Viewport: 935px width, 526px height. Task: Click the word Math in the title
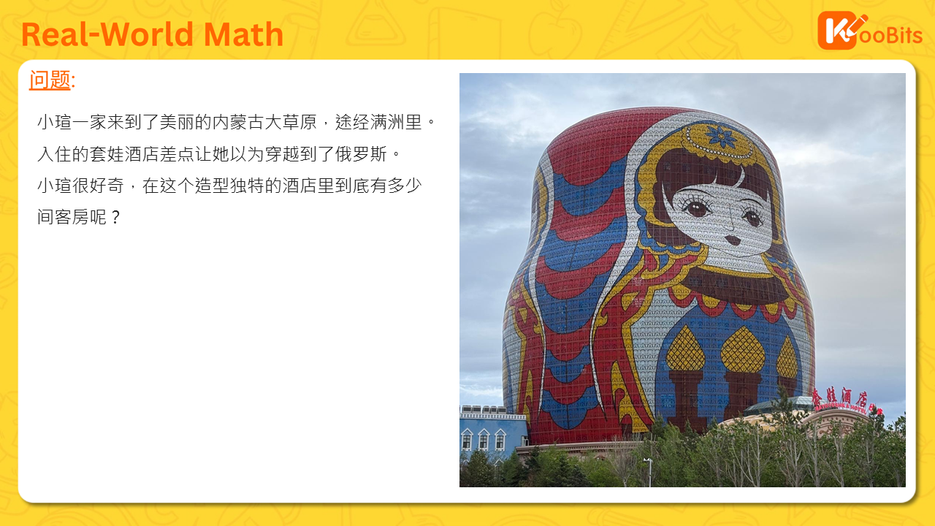[x=243, y=34]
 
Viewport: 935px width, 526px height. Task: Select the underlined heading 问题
[x=50, y=80]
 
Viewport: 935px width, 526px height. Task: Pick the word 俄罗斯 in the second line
[x=361, y=154]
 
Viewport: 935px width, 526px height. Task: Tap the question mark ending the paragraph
[x=116, y=217]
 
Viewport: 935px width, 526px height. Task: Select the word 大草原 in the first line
[x=291, y=122]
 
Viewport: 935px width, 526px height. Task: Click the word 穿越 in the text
[x=282, y=154]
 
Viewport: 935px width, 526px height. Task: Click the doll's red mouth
[x=733, y=240]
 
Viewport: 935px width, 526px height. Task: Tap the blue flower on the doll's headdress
[x=721, y=137]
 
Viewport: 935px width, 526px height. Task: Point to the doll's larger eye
[x=696, y=207]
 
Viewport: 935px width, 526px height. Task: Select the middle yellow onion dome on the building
[x=743, y=350]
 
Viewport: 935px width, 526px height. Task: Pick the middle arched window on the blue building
[x=484, y=439]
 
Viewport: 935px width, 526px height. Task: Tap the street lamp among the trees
[x=649, y=472]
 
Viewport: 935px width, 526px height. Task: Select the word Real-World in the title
[x=107, y=34]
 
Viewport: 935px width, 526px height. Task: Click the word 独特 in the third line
[x=247, y=186]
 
